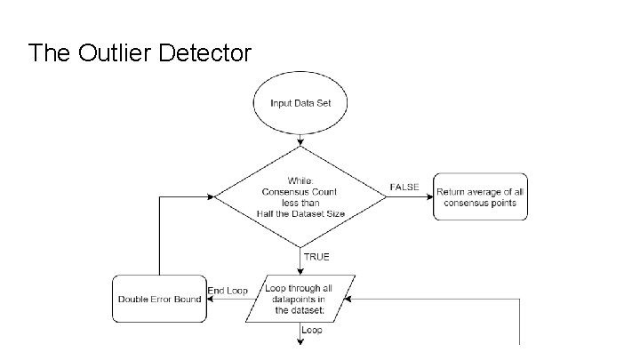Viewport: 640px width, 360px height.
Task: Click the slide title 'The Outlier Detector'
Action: click(140, 53)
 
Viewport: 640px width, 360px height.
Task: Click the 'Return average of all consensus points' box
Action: click(480, 196)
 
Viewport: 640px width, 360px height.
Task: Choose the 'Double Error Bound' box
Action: click(158, 299)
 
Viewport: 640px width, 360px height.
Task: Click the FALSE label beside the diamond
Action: click(404, 187)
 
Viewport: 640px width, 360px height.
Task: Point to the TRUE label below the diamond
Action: click(316, 257)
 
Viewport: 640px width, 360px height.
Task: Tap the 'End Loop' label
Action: click(228, 291)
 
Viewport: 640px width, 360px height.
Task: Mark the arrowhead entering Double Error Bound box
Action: click(209, 299)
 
